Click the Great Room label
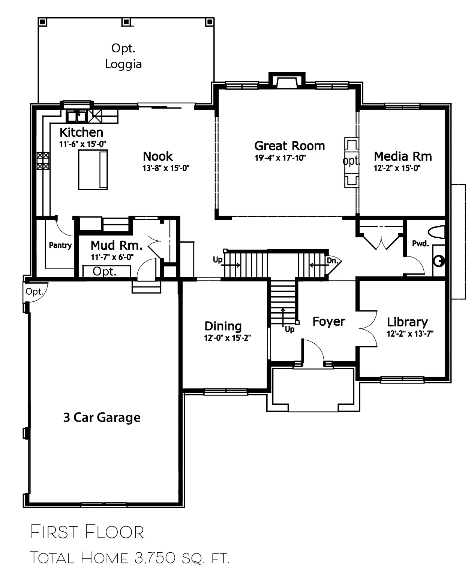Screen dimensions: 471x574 [289, 146]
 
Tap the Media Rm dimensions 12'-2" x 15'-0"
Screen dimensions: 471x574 [397, 168]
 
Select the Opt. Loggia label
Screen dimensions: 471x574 [123, 56]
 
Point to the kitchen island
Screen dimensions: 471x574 [93, 170]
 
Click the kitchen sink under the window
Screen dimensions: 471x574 [76, 116]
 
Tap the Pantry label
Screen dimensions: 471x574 [60, 246]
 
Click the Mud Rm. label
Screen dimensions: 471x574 [117, 245]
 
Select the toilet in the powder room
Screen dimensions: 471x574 [436, 232]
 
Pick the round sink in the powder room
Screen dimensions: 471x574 [439, 262]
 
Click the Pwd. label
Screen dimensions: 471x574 [421, 244]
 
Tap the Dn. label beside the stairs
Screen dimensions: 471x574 [333, 261]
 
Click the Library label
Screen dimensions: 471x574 [408, 322]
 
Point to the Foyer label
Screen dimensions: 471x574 [329, 321]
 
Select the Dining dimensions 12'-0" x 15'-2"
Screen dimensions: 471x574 [227, 338]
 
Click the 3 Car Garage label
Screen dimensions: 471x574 [102, 417]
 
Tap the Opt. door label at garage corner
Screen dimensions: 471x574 [34, 292]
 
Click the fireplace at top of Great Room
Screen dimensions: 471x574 [287, 81]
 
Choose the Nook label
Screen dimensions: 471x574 [158, 157]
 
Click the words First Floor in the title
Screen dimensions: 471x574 [87, 532]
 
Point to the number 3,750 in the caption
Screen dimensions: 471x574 [155, 558]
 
